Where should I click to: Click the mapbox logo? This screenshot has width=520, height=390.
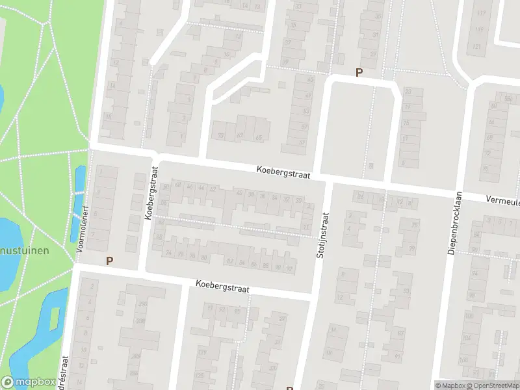pos(27,382)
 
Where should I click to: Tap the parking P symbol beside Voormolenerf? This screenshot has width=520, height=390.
pos(109,261)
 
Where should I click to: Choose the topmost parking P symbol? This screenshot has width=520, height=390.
pos(357,73)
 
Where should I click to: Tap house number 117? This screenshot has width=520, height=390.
pos(480,13)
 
